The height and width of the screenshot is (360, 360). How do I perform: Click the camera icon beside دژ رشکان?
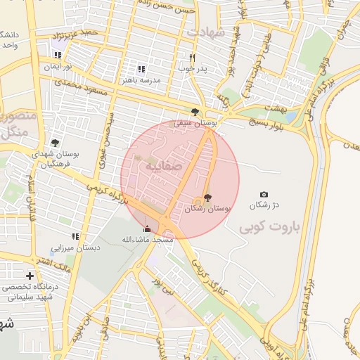click(x=264, y=194)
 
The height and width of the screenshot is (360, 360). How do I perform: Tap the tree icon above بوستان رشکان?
click(x=207, y=198)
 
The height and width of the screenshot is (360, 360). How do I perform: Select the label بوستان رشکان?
click(x=209, y=209)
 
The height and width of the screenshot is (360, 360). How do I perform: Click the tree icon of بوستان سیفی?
click(x=195, y=111)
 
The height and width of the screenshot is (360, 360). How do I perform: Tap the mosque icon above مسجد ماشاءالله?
click(x=147, y=229)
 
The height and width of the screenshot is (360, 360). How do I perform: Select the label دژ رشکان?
click(x=266, y=205)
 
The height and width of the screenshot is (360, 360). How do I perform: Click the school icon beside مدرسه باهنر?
click(x=141, y=69)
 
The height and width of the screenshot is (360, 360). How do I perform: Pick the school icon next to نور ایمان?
click(x=58, y=55)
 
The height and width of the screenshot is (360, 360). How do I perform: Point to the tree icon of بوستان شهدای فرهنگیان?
click(x=55, y=143)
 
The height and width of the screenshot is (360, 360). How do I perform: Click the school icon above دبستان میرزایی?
click(x=75, y=236)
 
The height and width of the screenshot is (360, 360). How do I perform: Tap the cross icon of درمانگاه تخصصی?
click(x=29, y=276)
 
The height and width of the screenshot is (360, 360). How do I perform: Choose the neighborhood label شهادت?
click(x=205, y=32)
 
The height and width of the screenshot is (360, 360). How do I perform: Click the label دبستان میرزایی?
click(x=75, y=247)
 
